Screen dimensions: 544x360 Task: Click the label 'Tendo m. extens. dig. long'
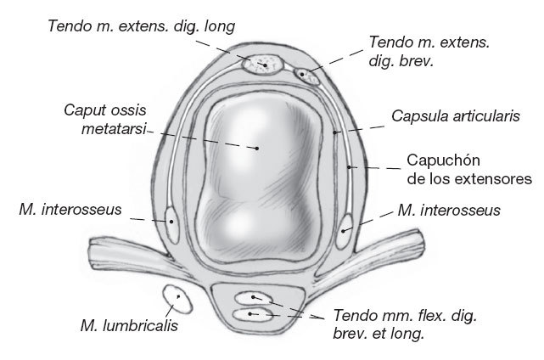coord(141,26)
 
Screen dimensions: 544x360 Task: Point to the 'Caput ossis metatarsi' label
coord(104,119)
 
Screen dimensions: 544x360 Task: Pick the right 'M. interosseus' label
coord(449,209)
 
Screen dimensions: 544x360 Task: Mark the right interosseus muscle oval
coord(346,226)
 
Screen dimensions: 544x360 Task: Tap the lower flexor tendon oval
coord(254,315)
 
